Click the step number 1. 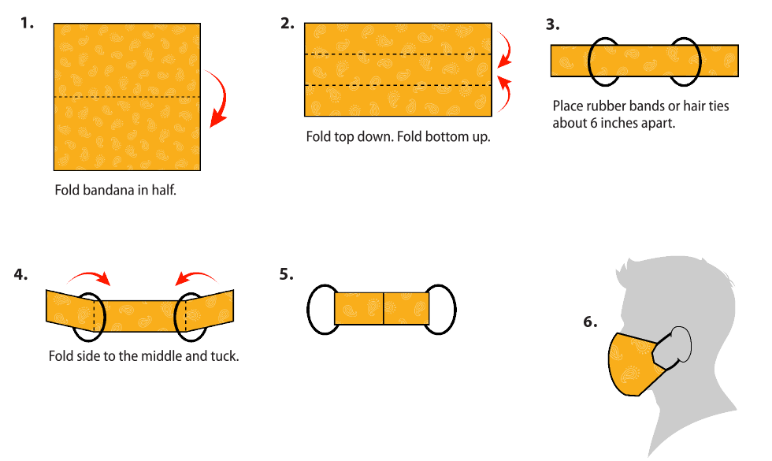(28, 23)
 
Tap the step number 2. (288, 23)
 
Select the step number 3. (553, 24)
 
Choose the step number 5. (286, 274)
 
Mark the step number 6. (590, 322)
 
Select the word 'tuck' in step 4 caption (223, 356)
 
